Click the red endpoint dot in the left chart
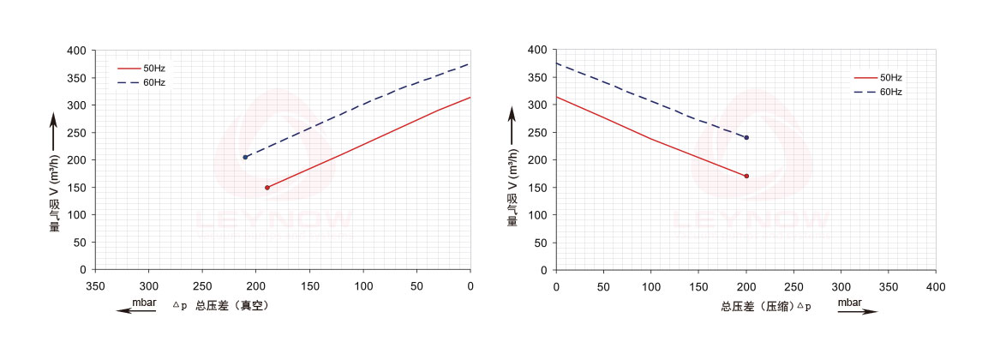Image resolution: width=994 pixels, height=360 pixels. (267, 188)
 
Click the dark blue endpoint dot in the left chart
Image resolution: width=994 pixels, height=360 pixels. (245, 158)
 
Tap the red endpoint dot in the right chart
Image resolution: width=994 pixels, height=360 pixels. (746, 177)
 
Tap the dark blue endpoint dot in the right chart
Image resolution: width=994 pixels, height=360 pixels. (746, 138)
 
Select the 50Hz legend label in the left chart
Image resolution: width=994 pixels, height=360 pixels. (154, 68)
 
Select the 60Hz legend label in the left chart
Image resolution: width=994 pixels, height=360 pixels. (154, 83)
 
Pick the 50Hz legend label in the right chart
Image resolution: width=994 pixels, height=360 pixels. (890, 77)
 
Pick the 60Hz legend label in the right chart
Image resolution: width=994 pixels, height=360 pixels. (890, 92)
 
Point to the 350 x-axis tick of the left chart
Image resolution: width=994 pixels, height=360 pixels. (95, 285)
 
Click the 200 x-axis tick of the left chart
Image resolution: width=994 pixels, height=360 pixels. (256, 285)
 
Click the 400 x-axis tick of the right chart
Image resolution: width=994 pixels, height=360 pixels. (937, 285)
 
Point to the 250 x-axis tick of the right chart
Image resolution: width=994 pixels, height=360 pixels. (794, 285)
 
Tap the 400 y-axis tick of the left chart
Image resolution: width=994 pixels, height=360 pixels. (76, 51)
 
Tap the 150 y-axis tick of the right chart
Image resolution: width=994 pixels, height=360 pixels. (537, 188)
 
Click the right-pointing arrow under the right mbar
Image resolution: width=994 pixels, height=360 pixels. (858, 312)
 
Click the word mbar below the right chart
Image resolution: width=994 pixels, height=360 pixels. (850, 303)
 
